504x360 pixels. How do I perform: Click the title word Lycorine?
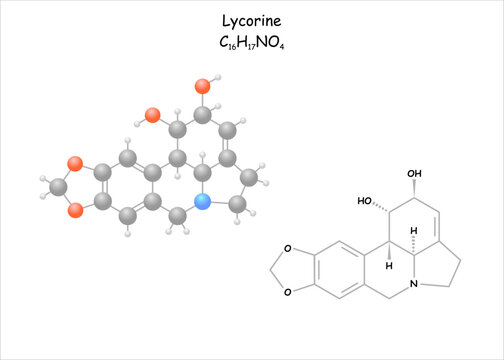tap(251, 20)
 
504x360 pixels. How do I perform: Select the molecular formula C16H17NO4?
tap(251, 42)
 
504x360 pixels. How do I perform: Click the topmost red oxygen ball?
tap(202, 86)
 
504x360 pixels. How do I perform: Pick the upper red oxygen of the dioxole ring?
tap(74, 162)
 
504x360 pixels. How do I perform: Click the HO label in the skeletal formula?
tap(366, 201)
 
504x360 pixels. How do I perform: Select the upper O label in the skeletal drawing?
tap(287, 250)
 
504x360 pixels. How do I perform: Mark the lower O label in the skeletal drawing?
tap(287, 293)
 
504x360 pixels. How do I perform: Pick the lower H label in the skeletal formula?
tap(390, 267)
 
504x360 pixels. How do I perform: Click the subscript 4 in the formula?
tap(286, 46)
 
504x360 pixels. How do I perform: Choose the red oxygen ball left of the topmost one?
tap(152, 115)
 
